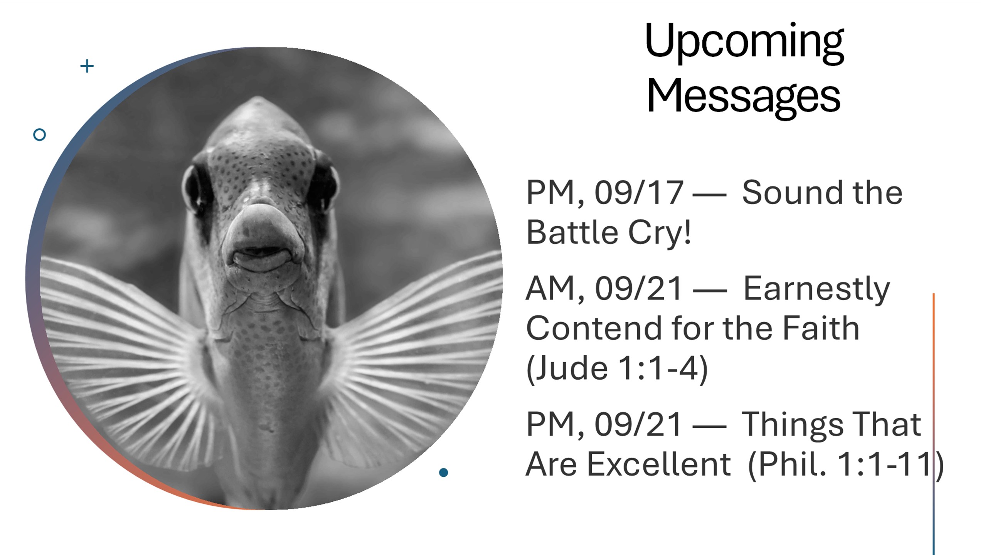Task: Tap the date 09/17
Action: [638, 193]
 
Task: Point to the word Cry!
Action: [659, 234]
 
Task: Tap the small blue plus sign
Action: [87, 66]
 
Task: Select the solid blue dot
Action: [444, 472]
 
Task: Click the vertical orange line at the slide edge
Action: [934, 424]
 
